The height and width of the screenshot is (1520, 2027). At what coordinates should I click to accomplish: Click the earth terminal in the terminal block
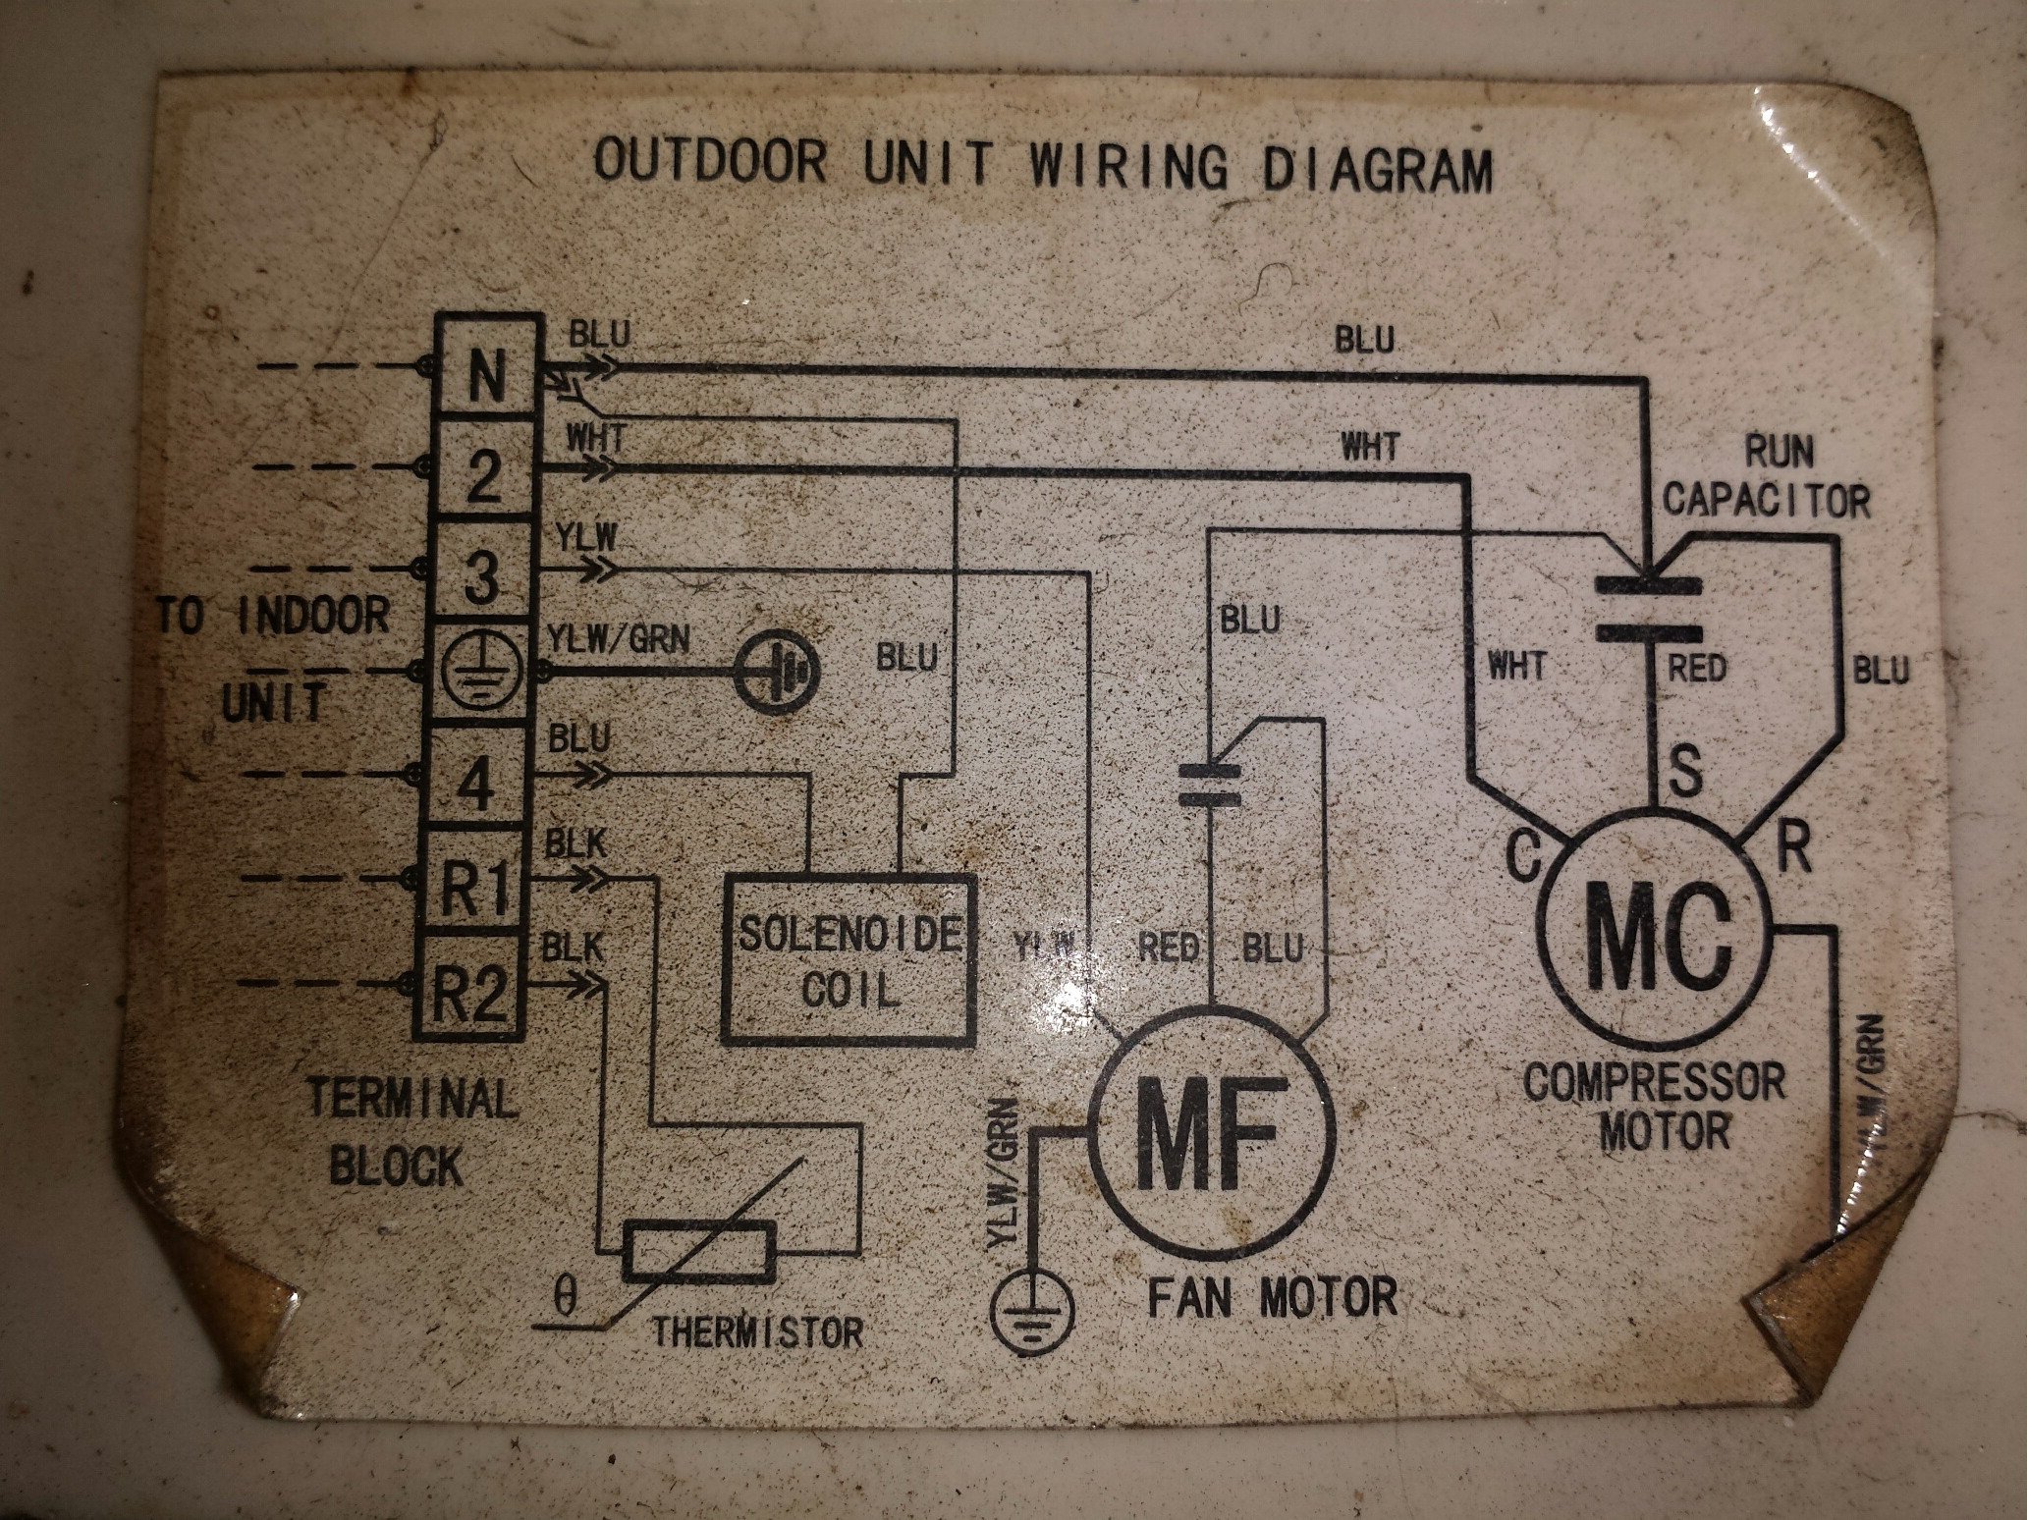coord(479,674)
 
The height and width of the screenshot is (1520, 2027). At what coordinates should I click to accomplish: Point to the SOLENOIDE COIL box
coord(849,958)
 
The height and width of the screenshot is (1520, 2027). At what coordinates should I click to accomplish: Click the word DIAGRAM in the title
coord(1376,170)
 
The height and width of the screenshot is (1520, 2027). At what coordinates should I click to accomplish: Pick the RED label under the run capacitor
coord(1697,670)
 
